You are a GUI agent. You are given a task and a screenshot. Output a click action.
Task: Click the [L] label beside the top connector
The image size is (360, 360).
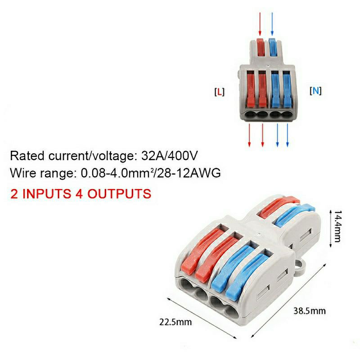(x=219, y=92)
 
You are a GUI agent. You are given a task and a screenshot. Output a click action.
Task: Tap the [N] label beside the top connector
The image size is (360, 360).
(x=315, y=91)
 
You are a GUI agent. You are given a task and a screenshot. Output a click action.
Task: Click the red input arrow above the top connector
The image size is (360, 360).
(x=261, y=25)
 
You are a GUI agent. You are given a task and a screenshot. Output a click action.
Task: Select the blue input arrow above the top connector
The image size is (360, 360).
(x=273, y=25)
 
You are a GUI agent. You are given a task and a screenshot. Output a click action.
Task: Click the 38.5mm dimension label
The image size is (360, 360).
(x=310, y=310)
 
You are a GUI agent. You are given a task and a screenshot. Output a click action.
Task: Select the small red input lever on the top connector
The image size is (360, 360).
(x=260, y=48)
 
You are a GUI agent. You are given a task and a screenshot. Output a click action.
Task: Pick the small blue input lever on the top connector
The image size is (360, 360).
(x=272, y=48)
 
